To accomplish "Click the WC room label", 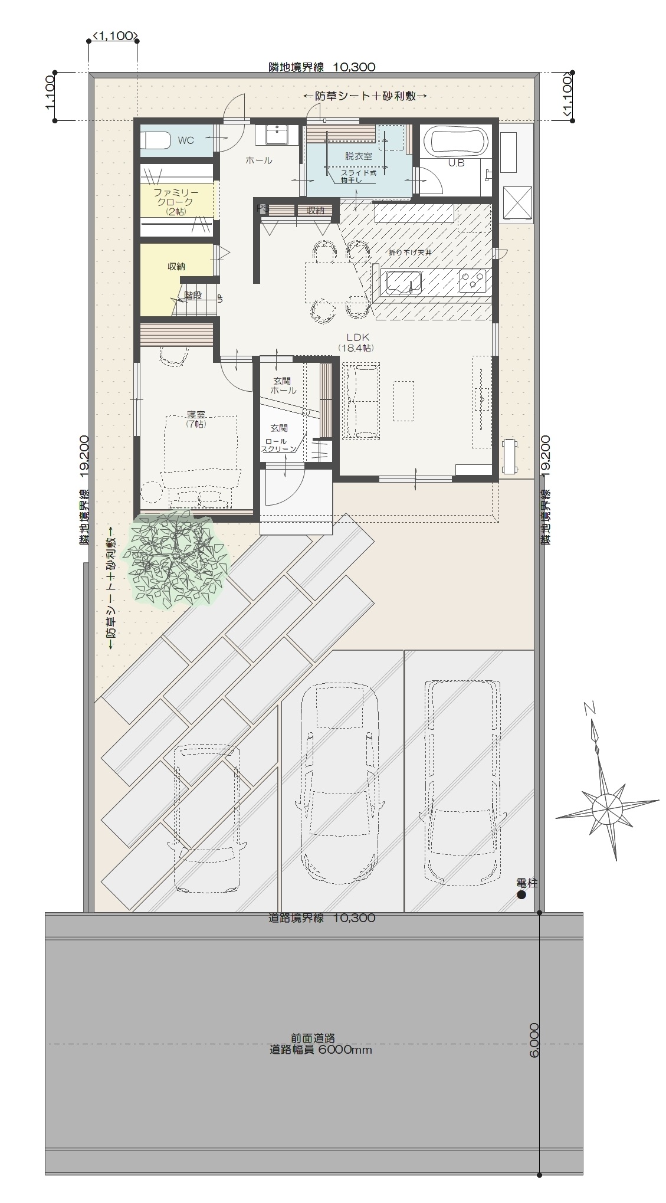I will (186, 140).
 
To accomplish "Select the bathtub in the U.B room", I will (459, 142).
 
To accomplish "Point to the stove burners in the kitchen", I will (472, 280).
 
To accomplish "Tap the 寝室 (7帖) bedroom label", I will (195, 420).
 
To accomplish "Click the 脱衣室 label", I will (358, 156).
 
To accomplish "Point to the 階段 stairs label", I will (193, 294).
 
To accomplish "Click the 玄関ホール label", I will (283, 386).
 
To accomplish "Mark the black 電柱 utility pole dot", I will (521, 895).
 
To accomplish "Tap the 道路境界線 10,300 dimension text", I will (321, 918).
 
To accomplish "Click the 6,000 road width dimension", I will (534, 1040).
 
